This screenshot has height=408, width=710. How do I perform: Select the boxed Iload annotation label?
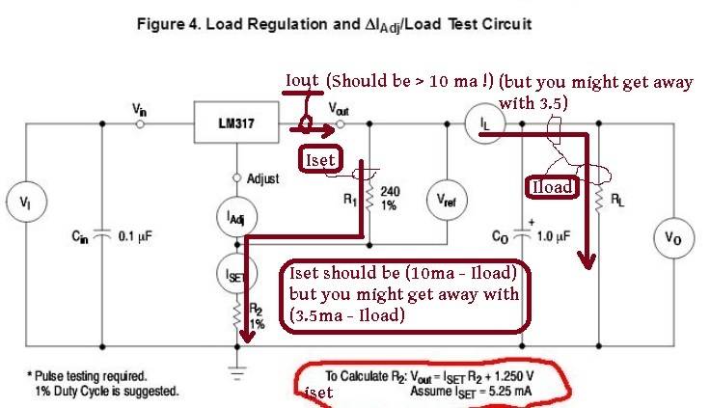coord(553,188)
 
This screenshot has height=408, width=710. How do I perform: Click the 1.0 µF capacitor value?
coord(566,233)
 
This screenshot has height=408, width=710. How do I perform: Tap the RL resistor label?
coord(614,200)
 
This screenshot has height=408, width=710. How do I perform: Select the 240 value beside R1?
coord(390,191)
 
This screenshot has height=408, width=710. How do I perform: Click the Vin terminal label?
coord(140,110)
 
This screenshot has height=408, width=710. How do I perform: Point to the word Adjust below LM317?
coord(261,178)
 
